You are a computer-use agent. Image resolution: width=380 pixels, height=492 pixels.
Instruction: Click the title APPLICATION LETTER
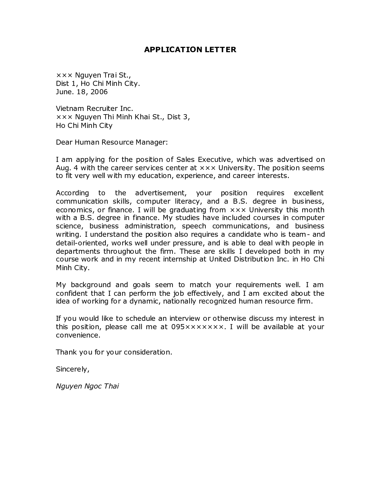[190, 50]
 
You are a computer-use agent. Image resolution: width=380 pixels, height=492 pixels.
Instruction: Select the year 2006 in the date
[99, 92]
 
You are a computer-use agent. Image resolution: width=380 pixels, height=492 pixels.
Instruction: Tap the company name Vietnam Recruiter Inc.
[94, 109]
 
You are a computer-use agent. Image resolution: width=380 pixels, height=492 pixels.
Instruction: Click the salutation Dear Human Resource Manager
[112, 142]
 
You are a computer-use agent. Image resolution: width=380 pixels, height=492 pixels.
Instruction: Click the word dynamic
[145, 301]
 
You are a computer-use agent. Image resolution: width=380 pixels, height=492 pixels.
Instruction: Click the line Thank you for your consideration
[114, 352]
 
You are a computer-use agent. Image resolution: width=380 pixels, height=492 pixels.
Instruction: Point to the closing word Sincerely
[72, 369]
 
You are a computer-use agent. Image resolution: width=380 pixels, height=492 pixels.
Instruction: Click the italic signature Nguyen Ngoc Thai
[87, 386]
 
